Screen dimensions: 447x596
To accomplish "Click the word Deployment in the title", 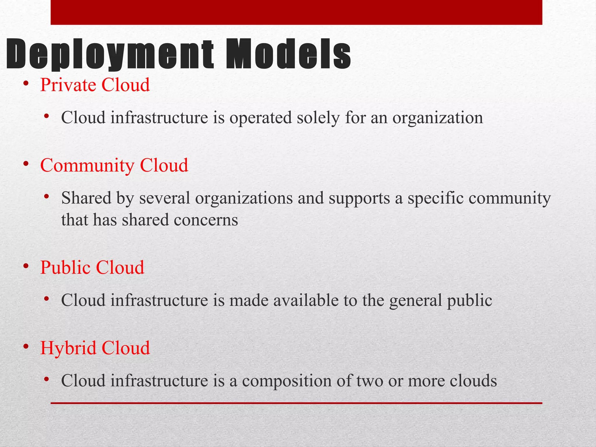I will tap(110, 55).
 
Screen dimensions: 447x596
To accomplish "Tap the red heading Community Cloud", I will tap(114, 165).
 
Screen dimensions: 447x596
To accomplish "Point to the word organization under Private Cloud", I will tap(438, 118).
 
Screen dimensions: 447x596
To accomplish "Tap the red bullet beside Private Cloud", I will tap(26, 84).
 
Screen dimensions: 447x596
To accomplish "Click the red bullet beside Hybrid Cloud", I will tap(26, 347).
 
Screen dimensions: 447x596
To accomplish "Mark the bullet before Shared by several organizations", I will tap(46, 197).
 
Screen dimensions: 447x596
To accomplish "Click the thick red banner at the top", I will tap(296, 12).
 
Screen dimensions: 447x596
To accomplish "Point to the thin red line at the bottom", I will tap(296, 403).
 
